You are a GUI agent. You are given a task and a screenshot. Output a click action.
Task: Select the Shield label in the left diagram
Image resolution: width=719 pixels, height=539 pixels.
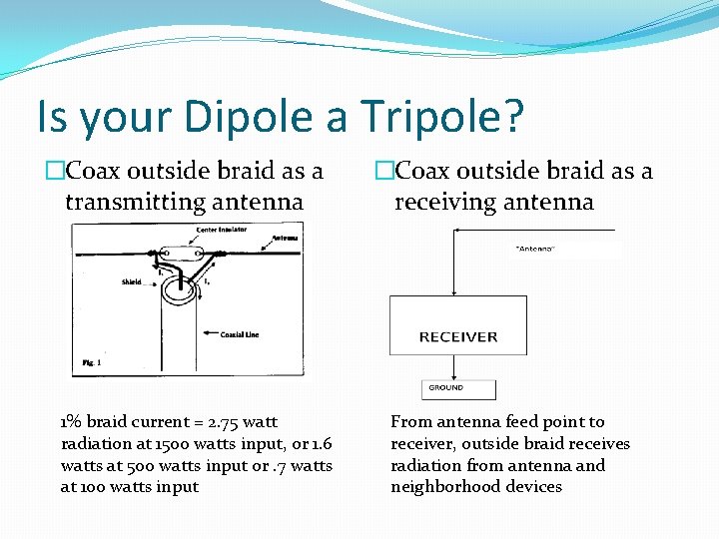coord(133,281)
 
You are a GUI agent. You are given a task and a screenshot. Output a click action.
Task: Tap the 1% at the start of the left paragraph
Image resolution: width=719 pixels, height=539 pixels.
coord(72,422)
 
